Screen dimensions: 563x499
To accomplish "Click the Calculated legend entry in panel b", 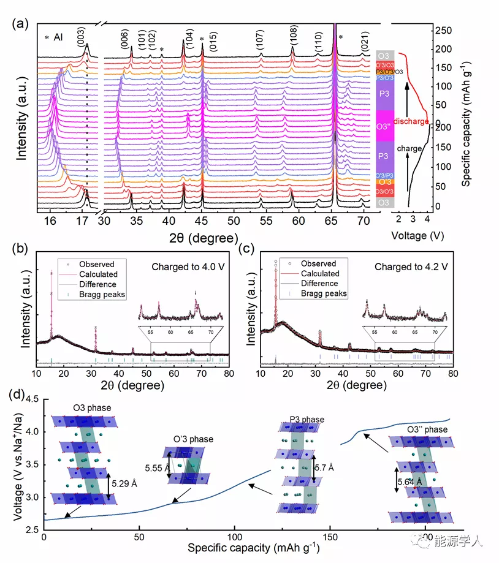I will click(97, 274).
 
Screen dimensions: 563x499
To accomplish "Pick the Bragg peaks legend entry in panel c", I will click(324, 293).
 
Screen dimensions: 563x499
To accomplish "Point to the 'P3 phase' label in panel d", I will click(307, 419).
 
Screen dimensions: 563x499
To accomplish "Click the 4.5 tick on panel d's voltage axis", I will click(32, 399).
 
